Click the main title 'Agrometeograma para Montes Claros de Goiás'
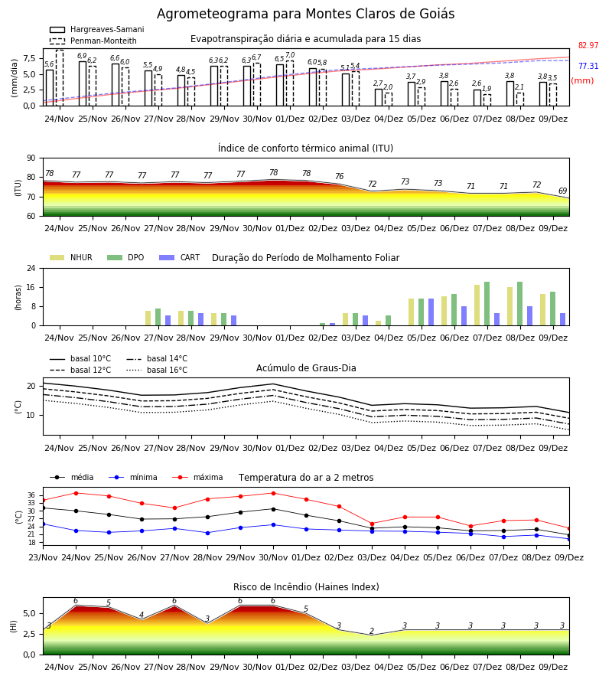coord(305,14)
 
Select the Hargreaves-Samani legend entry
coord(96,29)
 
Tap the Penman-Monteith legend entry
coord(93,41)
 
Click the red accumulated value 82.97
coord(588,45)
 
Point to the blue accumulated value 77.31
coord(588,66)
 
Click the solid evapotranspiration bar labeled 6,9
coord(83,83)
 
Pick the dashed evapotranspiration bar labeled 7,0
coord(290,83)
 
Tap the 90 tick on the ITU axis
coord(31,158)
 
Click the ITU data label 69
coord(562,191)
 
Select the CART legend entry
coord(180,257)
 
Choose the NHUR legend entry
coord(71,257)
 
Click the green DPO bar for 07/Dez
coord(487,304)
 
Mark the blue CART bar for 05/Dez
coord(431,312)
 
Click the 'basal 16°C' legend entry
coord(157,370)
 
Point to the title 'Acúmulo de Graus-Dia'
coord(306,367)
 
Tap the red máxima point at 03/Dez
coord(373,524)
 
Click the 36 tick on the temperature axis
coord(31,495)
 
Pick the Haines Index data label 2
coord(372,631)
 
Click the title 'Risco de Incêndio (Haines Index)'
coord(306,586)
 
